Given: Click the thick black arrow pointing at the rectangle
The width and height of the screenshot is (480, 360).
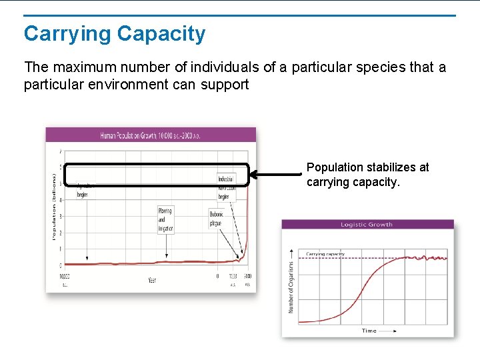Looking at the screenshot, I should (x=276, y=175).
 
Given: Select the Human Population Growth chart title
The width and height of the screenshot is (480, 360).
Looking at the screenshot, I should (x=150, y=135).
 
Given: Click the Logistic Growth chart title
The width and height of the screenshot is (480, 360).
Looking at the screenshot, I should (x=367, y=225).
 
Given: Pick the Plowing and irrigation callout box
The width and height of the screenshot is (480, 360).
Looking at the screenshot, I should (x=165, y=219).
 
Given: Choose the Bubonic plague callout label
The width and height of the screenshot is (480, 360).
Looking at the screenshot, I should (x=217, y=219).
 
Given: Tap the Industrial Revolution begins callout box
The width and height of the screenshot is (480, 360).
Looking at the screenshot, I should (x=226, y=187).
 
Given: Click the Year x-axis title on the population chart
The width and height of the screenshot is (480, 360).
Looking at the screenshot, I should (x=153, y=280).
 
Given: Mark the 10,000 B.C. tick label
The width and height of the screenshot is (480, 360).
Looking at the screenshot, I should (x=65, y=279).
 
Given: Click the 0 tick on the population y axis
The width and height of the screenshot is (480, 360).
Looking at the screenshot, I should (x=61, y=265).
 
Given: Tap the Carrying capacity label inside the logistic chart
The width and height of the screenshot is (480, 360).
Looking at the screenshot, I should (x=325, y=254).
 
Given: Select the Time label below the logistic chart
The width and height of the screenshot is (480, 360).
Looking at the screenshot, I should (x=369, y=330).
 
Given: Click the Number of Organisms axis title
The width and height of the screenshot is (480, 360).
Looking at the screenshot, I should (x=291, y=287).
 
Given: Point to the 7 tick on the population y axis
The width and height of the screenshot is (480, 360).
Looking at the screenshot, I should (x=61, y=151).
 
